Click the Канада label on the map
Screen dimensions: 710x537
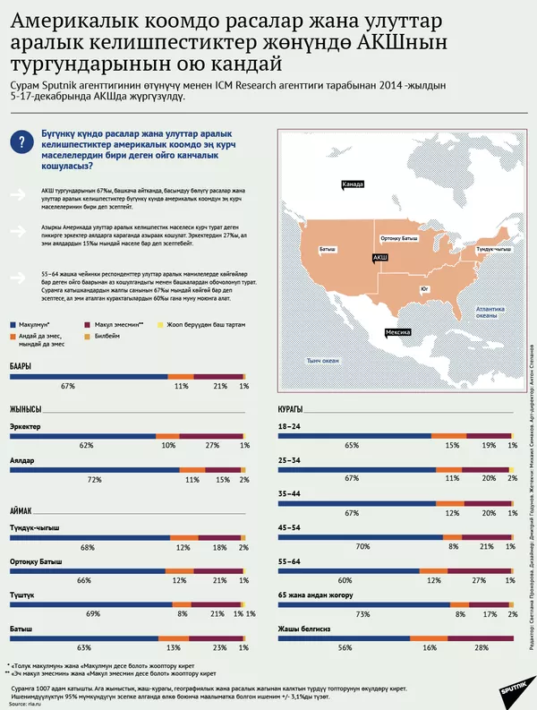point(354,184)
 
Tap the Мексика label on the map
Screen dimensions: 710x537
point(397,332)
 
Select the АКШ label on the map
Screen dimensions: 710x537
point(379,257)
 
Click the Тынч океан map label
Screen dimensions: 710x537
point(323,360)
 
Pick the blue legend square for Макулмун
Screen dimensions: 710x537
point(13,325)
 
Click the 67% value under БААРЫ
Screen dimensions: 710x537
point(68,386)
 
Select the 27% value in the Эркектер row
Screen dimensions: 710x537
point(213,445)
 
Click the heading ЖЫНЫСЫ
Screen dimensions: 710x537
point(27,409)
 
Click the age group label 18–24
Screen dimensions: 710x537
point(289,426)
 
